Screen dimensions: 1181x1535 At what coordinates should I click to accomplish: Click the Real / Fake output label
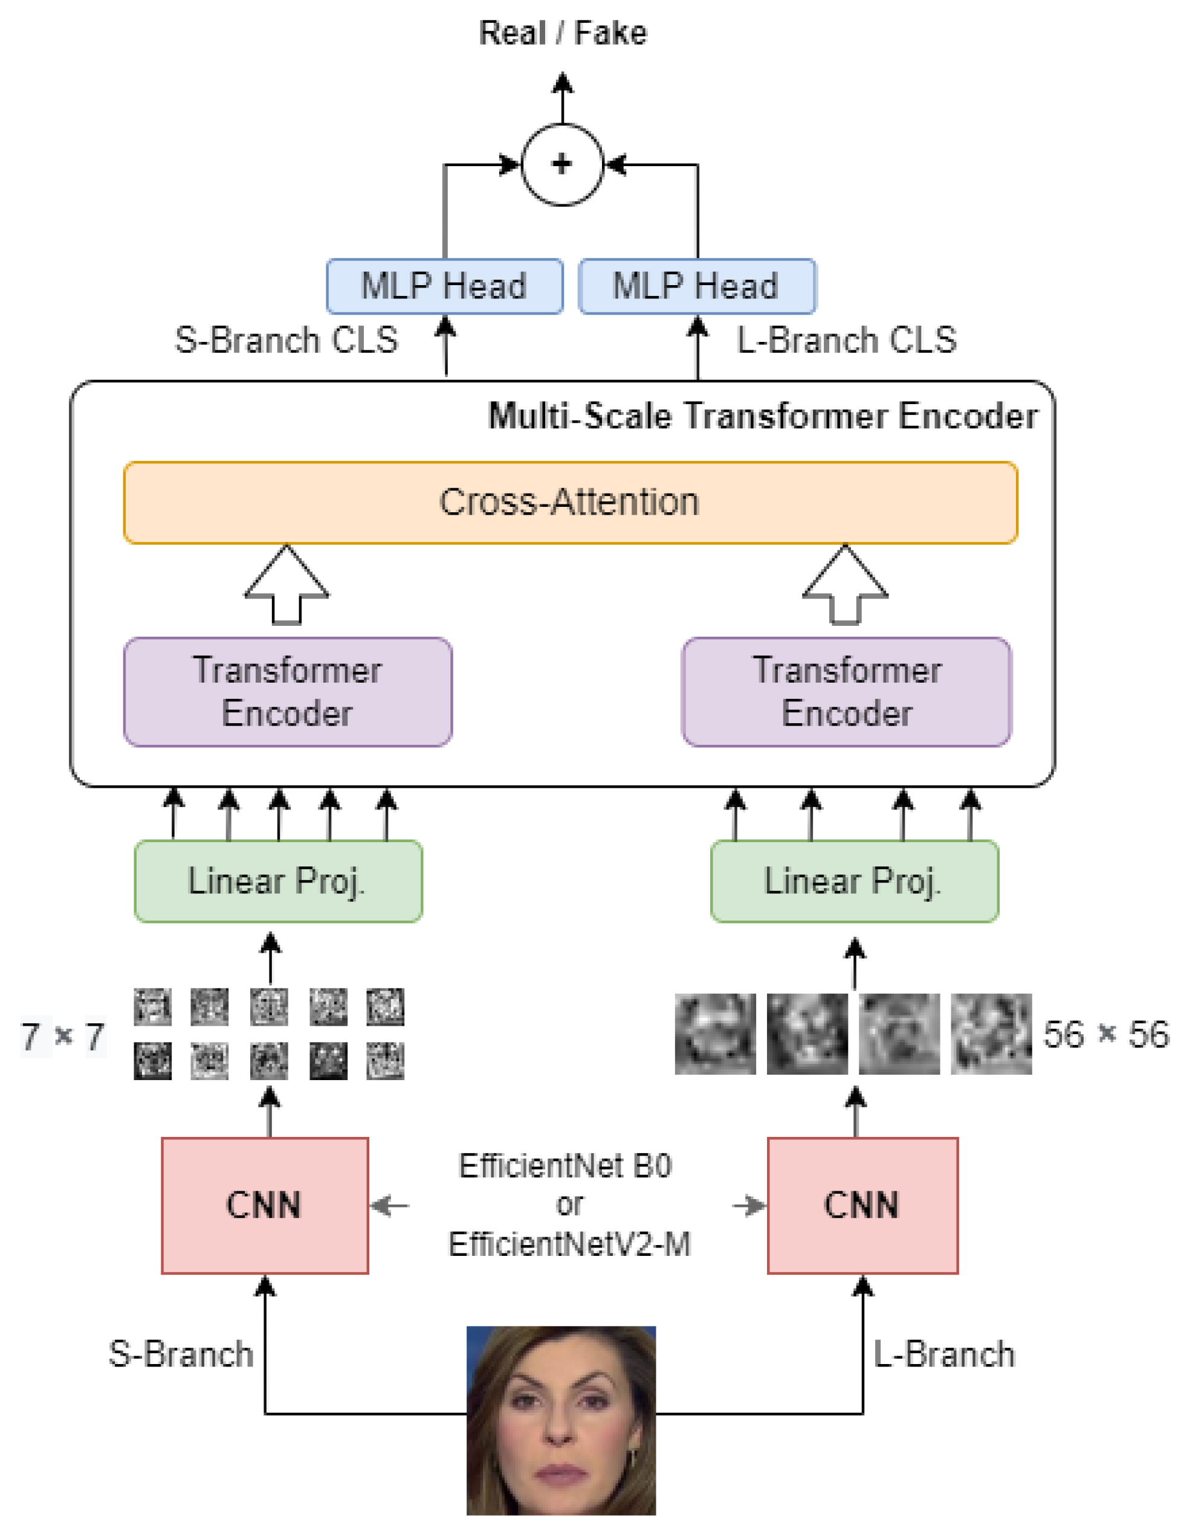[562, 33]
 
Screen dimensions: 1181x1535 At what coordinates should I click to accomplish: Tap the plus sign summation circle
[561, 164]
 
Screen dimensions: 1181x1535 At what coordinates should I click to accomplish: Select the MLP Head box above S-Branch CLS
[444, 286]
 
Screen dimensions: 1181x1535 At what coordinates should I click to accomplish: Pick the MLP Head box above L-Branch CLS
[697, 286]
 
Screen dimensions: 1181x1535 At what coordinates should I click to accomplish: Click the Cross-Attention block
[570, 502]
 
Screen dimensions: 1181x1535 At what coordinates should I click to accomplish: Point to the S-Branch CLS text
[286, 340]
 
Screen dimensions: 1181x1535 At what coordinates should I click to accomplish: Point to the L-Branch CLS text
[846, 340]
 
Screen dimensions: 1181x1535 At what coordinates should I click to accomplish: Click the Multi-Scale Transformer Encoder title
[763, 416]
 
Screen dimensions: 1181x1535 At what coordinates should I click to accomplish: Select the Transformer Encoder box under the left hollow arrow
[288, 691]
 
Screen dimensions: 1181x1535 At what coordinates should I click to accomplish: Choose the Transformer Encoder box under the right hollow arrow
[846, 691]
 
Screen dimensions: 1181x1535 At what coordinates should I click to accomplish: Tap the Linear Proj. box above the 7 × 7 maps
[279, 881]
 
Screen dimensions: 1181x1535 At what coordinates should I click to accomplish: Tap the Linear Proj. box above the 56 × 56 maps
[854, 881]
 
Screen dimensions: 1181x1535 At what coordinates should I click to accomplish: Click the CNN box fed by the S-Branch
[265, 1206]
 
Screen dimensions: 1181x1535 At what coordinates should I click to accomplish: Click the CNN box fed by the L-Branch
[862, 1206]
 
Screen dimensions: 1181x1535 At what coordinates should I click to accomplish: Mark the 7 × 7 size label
[63, 1036]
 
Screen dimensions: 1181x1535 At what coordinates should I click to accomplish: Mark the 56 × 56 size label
[1106, 1034]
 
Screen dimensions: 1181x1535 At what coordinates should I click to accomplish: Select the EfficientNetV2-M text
[569, 1244]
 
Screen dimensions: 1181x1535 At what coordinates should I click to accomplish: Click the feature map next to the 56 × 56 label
[991, 1034]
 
